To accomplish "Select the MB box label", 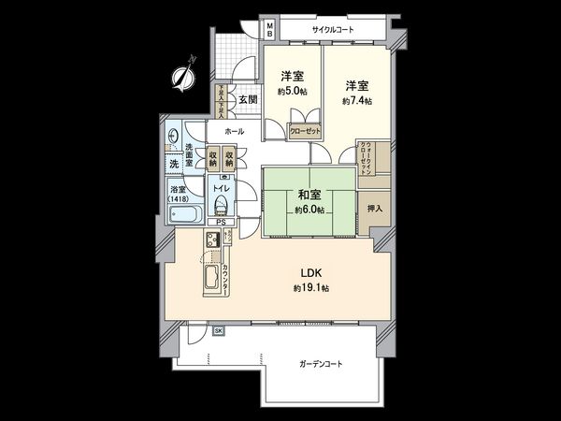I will (268, 28).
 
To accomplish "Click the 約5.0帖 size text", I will (293, 93).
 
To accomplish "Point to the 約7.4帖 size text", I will (356, 100).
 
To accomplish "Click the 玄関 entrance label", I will (247, 99).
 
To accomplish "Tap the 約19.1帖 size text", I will (310, 288).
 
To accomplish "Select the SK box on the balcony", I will (218, 331).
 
